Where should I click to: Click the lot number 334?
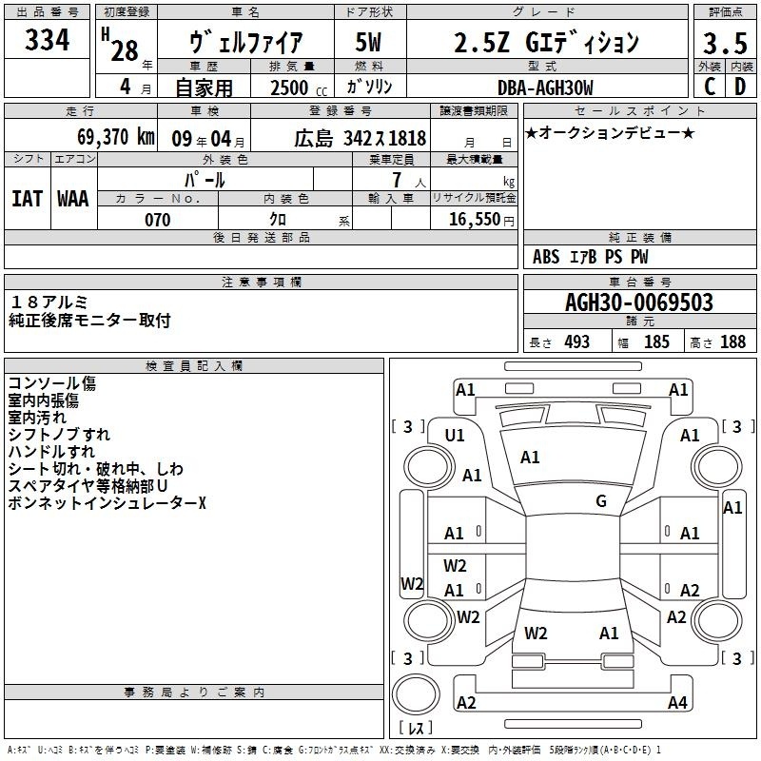coord(47,39)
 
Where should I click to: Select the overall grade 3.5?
coord(725,43)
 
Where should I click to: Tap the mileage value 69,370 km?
coord(115,137)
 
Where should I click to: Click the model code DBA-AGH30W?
coord(545,88)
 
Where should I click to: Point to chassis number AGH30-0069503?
coord(639,302)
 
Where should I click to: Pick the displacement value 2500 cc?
coord(299,88)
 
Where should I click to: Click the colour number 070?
coord(158,220)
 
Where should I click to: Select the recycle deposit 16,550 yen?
coord(481,220)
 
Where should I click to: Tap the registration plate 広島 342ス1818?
coord(361,139)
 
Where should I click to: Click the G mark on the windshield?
coord(601,501)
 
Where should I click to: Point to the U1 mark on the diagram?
coord(455,436)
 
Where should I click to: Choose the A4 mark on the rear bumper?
coord(677,702)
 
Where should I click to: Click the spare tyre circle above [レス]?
coord(416,694)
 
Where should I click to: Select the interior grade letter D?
coord(740,87)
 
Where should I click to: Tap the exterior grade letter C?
coord(710,87)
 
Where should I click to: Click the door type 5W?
coord(368,42)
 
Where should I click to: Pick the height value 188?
coord(732,341)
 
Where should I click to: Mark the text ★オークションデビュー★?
coord(610,133)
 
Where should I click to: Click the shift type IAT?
coord(28,199)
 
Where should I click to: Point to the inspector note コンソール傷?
coord(52,383)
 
